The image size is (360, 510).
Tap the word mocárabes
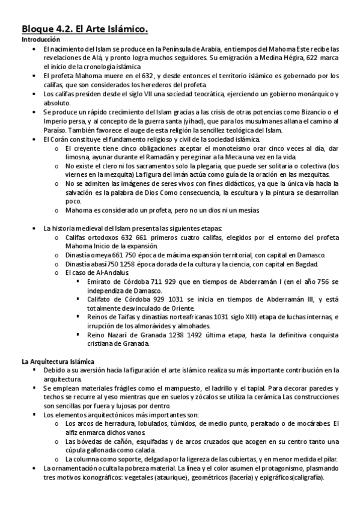click(311, 424)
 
